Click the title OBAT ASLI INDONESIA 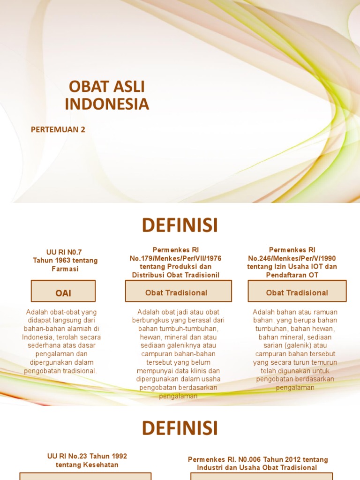[107, 95]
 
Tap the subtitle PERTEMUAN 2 [58, 129]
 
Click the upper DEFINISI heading [180, 225]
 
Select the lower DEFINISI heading [180, 428]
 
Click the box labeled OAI [63, 293]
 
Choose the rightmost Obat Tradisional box [297, 292]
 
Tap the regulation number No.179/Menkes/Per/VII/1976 [176, 258]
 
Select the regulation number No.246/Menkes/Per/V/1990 [292, 258]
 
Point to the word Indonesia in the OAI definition [37, 337]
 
